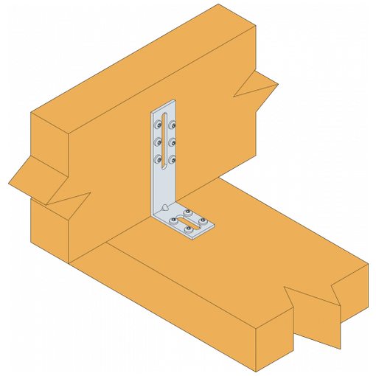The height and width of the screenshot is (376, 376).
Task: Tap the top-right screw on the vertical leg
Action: [x=172, y=125]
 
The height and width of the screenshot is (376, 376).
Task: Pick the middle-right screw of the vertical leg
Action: [x=172, y=142]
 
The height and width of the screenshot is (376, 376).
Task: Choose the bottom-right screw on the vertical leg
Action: [x=172, y=159]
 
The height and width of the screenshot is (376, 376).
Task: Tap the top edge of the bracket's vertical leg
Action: [x=163, y=104]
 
